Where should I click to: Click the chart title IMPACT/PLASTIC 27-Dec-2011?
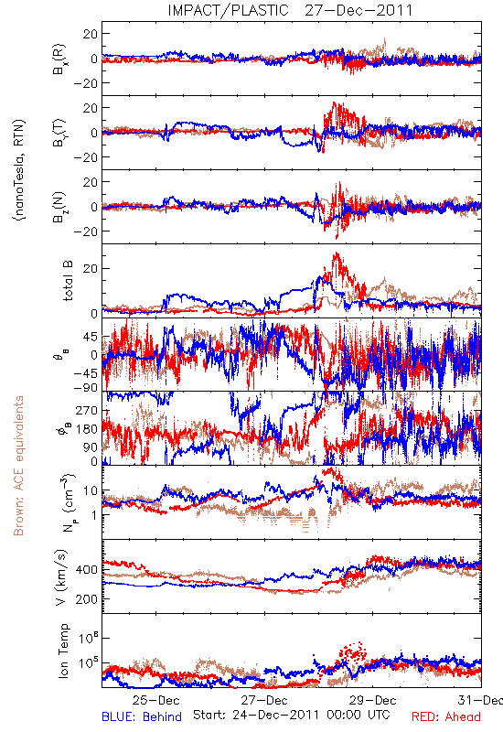(x=290, y=10)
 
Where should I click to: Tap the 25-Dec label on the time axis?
(x=155, y=700)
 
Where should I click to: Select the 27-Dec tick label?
(x=264, y=700)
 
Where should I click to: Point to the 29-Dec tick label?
(x=373, y=700)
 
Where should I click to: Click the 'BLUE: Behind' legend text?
(x=142, y=716)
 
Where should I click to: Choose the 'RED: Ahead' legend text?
(x=446, y=716)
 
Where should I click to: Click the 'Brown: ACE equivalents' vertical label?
(x=18, y=466)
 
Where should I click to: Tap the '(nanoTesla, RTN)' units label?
(x=19, y=170)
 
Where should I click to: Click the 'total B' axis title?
(x=68, y=281)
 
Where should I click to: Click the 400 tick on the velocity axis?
(x=86, y=569)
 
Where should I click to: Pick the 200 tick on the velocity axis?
(x=86, y=599)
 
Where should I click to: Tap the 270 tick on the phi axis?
(x=87, y=410)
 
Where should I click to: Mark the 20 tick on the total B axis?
(x=91, y=269)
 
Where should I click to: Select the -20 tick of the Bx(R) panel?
(x=86, y=83)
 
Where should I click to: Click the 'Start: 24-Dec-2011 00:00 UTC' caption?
(x=292, y=715)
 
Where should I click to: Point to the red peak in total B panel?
(x=336, y=254)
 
